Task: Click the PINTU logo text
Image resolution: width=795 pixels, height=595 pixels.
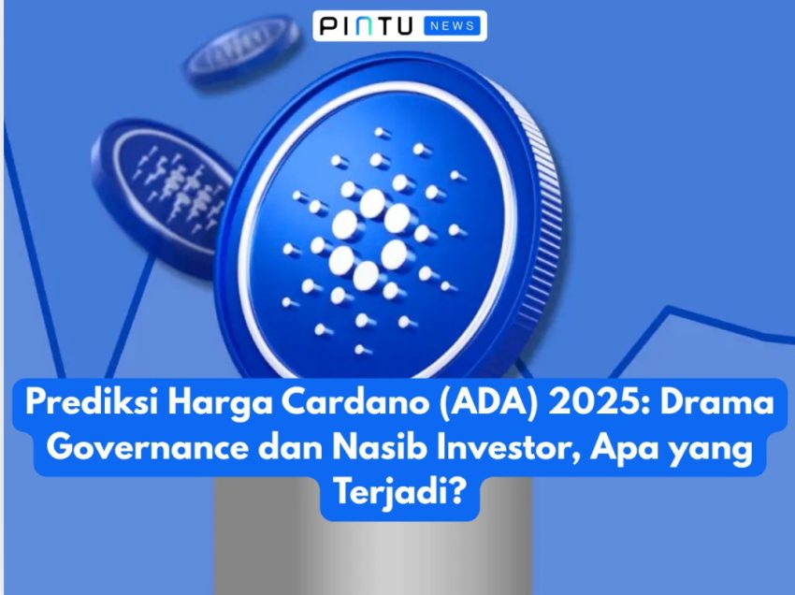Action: [x=366, y=26]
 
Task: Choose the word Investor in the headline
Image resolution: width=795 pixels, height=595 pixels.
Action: [x=508, y=448]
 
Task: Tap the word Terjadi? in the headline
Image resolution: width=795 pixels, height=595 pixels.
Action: [x=399, y=493]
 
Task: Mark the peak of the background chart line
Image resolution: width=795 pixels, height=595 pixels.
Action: [x=668, y=309]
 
